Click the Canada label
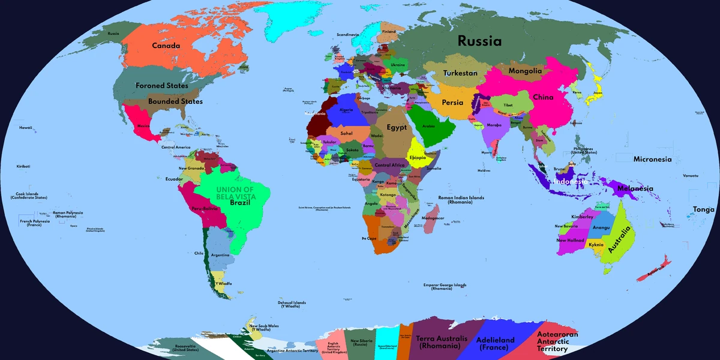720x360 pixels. pyautogui.click(x=166, y=46)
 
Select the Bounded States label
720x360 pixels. pyautogui.click(x=175, y=101)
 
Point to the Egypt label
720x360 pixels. pyautogui.click(x=397, y=127)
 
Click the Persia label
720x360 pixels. pyautogui.click(x=452, y=103)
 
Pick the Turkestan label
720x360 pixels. pyautogui.click(x=460, y=73)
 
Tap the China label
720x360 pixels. pyautogui.click(x=543, y=97)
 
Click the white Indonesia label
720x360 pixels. pyautogui.click(x=571, y=181)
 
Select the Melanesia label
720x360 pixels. pyautogui.click(x=635, y=188)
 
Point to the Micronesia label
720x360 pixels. pyautogui.click(x=652, y=160)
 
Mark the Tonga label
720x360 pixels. pyautogui.click(x=704, y=209)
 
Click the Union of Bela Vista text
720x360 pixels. pyautogui.click(x=236, y=193)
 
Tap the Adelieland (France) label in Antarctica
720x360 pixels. pyautogui.click(x=495, y=344)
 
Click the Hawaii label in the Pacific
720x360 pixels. pyautogui.click(x=25, y=128)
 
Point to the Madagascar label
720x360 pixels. pyautogui.click(x=433, y=218)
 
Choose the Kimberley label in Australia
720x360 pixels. pyautogui.click(x=582, y=217)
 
